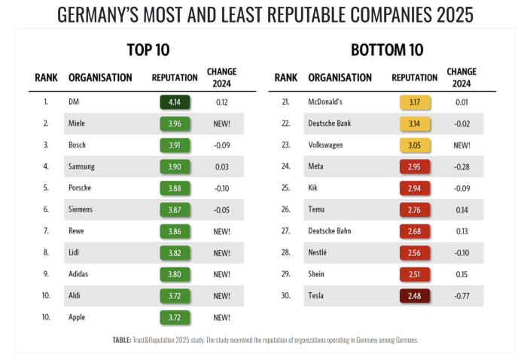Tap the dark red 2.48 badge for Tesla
(415, 296)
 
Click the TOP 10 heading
(148, 50)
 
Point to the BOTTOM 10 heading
(387, 50)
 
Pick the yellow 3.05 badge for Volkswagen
(415, 145)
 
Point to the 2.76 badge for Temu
(415, 209)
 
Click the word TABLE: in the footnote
(123, 340)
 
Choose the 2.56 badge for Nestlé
(415, 253)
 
